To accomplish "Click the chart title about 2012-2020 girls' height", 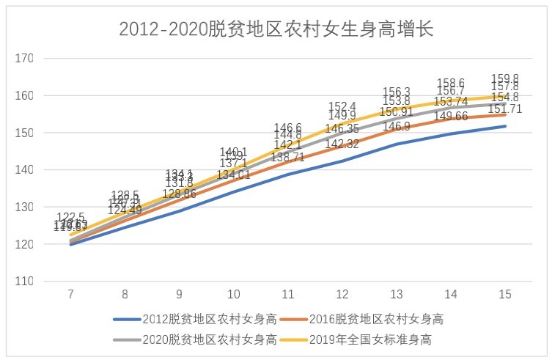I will (x=276, y=28).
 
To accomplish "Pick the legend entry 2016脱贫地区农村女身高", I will (x=380, y=319).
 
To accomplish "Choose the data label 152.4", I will (x=342, y=106).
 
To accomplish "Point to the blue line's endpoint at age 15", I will (x=505, y=126).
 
